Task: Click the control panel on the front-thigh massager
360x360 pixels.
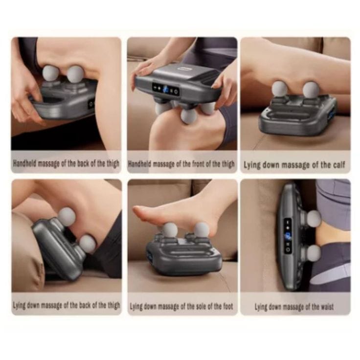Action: (x=166, y=90)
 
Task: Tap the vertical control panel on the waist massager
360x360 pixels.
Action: (x=288, y=236)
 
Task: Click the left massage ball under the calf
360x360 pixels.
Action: (x=279, y=89)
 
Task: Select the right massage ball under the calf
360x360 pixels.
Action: (x=311, y=90)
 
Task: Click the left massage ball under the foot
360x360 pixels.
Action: (x=170, y=230)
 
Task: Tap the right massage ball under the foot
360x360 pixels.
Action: (x=202, y=229)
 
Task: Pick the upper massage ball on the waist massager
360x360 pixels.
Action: (x=314, y=219)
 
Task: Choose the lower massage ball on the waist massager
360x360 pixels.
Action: (x=314, y=253)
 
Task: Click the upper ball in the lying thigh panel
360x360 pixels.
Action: (x=67, y=217)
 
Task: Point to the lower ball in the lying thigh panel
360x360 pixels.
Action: (x=88, y=244)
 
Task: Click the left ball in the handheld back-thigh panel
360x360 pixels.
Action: (x=50, y=73)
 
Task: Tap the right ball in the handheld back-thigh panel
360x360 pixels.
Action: (x=76, y=74)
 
